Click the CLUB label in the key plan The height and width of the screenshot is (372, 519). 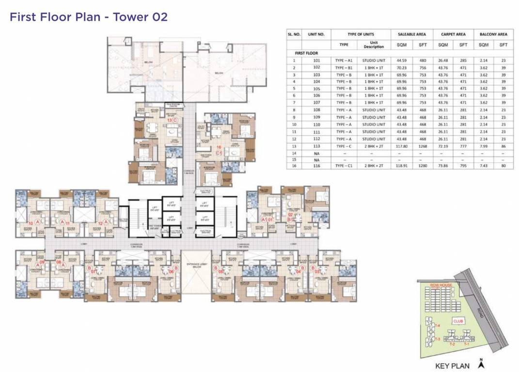coord(456,321)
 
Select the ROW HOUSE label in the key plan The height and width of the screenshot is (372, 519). coord(441,285)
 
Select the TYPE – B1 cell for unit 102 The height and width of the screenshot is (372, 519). coord(344,67)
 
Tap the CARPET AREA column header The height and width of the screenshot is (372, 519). coord(453,34)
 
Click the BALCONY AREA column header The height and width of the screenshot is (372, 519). coord(493,34)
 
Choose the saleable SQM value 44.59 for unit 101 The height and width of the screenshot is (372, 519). coord(402,60)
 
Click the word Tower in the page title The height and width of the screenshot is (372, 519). coord(130,17)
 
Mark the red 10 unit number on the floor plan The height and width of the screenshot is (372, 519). coord(30,223)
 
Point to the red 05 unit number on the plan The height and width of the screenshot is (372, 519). coord(220,272)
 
